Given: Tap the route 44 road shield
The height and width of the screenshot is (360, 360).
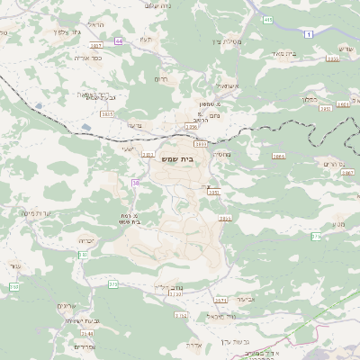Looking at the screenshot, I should point(120,40).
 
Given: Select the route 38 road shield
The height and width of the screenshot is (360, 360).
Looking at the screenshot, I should point(136,183).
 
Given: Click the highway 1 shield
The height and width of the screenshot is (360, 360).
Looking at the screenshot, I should point(309,33).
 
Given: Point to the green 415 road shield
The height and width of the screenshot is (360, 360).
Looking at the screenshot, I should point(268,19).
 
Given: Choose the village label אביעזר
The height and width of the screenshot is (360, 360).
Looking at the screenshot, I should point(246,297).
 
